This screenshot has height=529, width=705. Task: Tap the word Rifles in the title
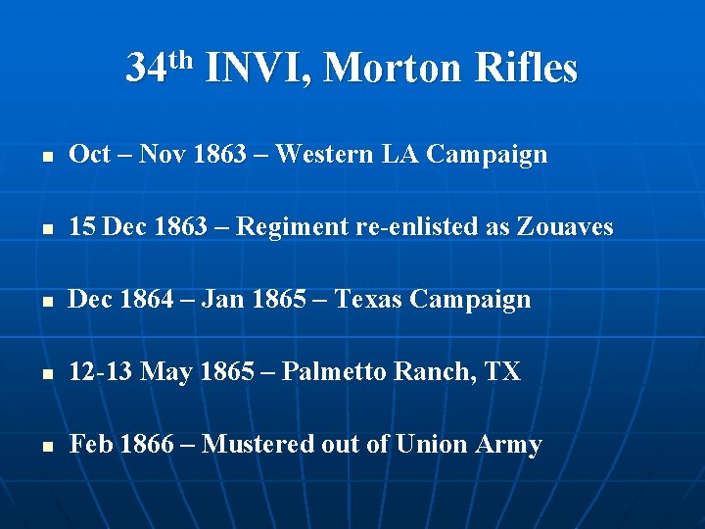(x=526, y=69)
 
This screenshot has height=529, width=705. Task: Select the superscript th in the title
(x=183, y=59)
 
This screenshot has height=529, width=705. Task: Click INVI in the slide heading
(x=257, y=69)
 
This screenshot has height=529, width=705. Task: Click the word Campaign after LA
(x=487, y=155)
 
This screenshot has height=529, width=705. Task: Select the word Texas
(x=368, y=300)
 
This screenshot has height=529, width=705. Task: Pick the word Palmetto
(x=335, y=372)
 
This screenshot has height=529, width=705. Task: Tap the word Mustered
(x=258, y=445)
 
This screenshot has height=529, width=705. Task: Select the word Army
(x=508, y=445)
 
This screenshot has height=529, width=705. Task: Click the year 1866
(x=145, y=445)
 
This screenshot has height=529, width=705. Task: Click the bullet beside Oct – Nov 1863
(x=38, y=156)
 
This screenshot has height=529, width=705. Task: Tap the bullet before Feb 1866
(x=38, y=446)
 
